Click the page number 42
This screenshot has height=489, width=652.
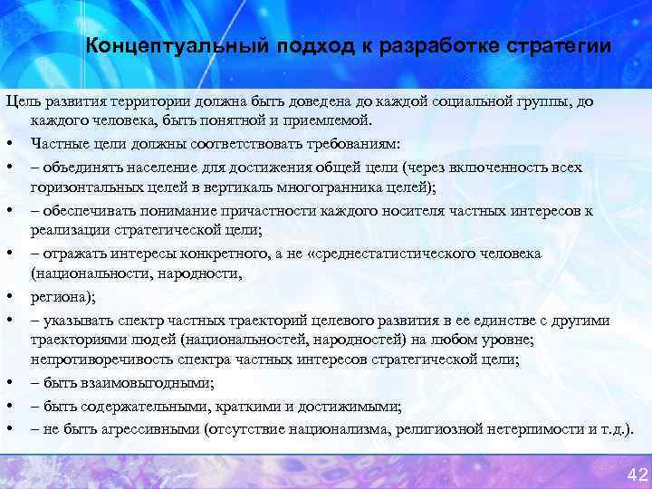[x=637, y=475]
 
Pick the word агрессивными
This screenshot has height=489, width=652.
[x=144, y=428]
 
